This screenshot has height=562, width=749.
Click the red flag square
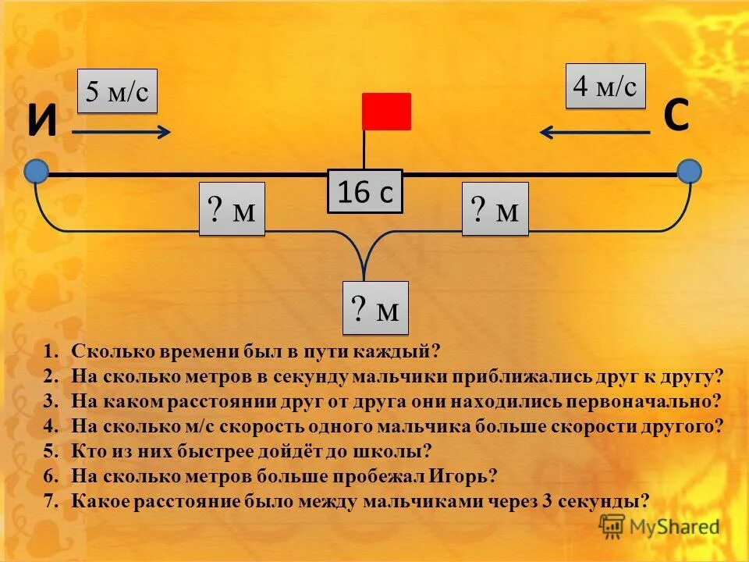pos(386,111)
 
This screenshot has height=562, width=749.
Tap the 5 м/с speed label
pos(118,92)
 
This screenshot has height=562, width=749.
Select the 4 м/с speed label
pos(605,86)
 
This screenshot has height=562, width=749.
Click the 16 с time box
pos(364,191)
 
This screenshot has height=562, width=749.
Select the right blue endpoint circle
pos(689,171)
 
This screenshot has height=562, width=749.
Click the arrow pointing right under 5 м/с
pos(122,132)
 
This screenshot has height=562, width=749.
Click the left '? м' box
pos(232,209)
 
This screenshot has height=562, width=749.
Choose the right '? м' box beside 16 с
pos(495,209)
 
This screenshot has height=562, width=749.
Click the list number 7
pos(50,500)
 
